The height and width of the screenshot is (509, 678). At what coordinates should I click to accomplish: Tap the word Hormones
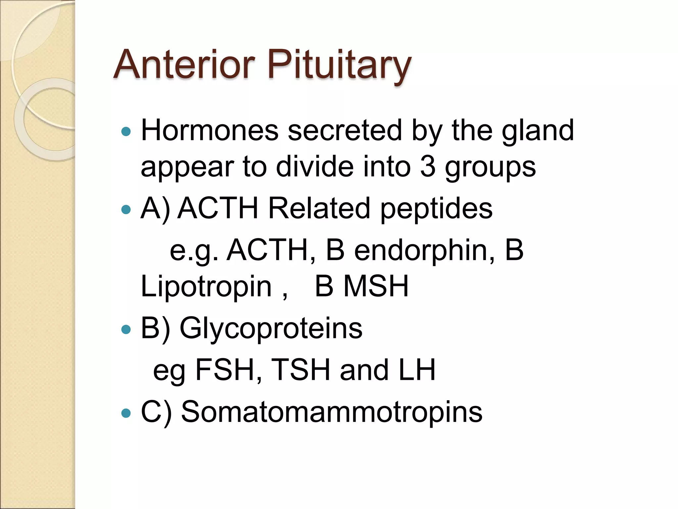click(x=210, y=131)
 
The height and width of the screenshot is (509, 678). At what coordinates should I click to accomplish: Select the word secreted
click(x=345, y=131)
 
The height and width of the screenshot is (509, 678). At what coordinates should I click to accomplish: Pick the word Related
click(x=319, y=208)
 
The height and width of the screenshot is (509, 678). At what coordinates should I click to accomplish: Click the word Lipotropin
click(x=206, y=287)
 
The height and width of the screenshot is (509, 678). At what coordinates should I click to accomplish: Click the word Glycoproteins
click(x=271, y=329)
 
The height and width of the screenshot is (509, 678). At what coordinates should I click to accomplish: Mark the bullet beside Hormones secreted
click(x=126, y=132)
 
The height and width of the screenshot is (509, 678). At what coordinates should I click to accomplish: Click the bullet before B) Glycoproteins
click(x=126, y=329)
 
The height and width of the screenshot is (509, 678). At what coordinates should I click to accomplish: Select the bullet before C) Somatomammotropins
click(x=126, y=413)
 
